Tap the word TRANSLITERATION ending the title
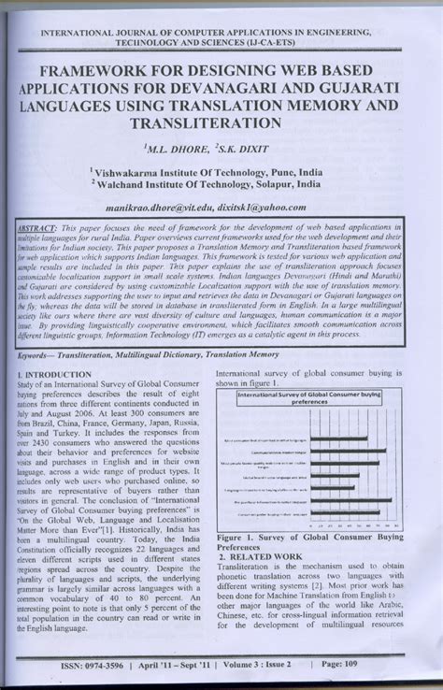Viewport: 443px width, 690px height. (221, 122)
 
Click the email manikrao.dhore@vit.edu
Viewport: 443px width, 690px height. (174, 207)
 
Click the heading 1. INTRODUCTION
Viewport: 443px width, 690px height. (55, 375)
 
